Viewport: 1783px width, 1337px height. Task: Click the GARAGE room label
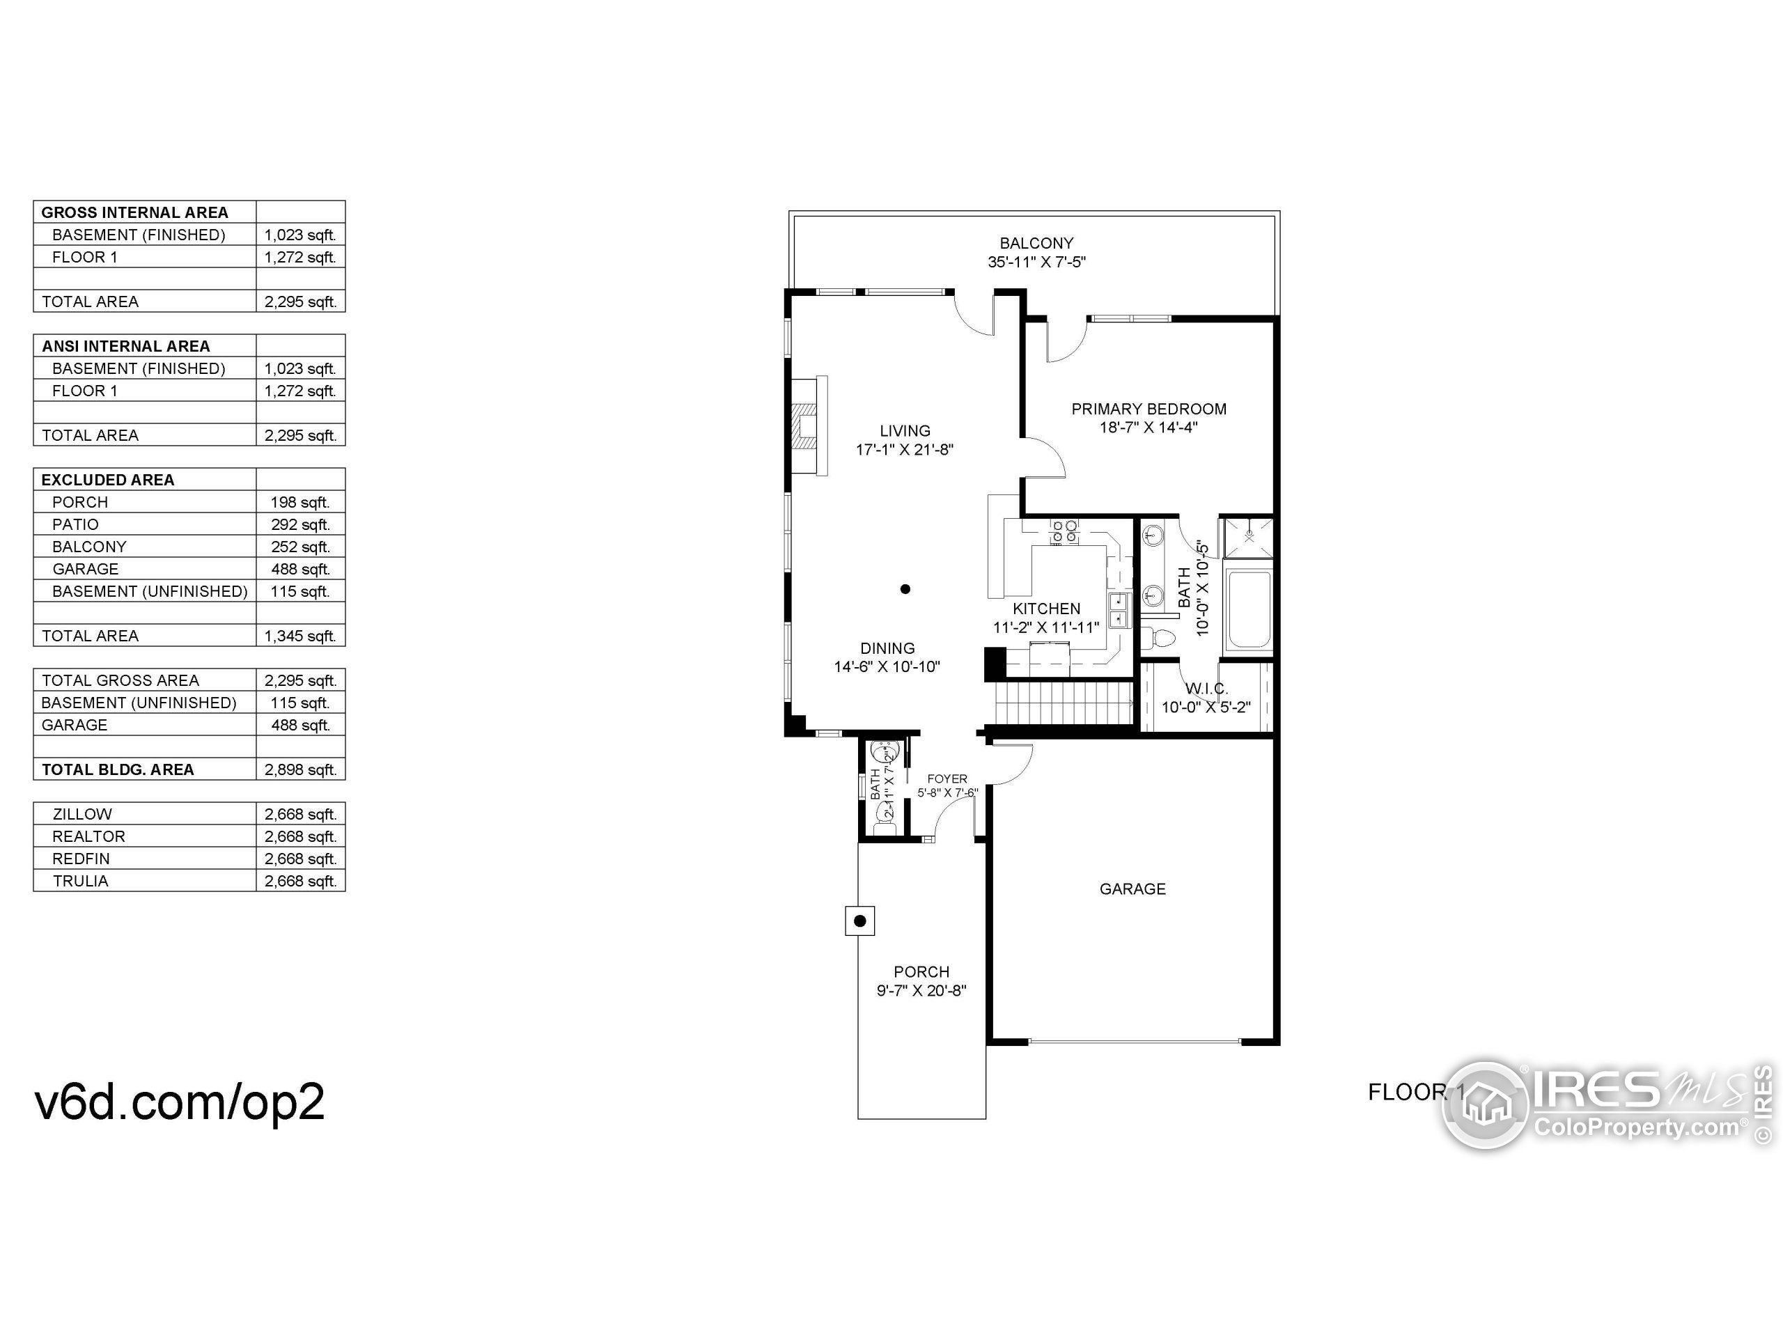tap(1132, 889)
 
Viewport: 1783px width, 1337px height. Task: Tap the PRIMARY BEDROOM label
tap(1148, 409)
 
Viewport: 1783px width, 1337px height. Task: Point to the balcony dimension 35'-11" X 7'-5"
tap(1036, 262)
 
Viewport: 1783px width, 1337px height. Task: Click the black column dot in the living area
tap(905, 589)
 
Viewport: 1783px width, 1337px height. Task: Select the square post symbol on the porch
tap(860, 921)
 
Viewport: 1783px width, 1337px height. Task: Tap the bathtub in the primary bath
tap(1248, 609)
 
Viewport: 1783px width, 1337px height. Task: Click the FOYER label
tap(947, 779)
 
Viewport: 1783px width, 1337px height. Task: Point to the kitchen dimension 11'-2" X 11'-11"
tap(1045, 628)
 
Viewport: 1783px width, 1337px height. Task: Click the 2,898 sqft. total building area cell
tap(300, 769)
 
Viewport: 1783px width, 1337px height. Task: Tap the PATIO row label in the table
tap(76, 524)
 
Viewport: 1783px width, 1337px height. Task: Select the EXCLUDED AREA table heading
tap(108, 480)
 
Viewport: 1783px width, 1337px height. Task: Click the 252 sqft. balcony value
tap(300, 547)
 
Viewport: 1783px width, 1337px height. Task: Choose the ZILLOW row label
tap(82, 814)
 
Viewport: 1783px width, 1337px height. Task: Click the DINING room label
tap(887, 648)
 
